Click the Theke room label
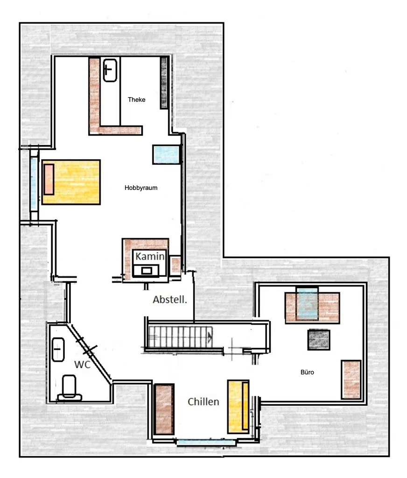click(x=137, y=100)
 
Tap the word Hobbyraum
click(x=141, y=188)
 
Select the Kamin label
click(x=150, y=256)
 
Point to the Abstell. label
click(x=170, y=299)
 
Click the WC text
click(x=82, y=364)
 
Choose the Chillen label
click(x=203, y=402)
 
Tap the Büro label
click(x=307, y=372)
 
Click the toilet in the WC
click(x=70, y=388)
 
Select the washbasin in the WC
click(x=58, y=349)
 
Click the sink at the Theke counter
click(x=110, y=70)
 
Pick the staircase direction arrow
click(x=210, y=337)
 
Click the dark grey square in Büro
click(x=319, y=340)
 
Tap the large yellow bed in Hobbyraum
click(x=71, y=182)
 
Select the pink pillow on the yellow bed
click(x=49, y=180)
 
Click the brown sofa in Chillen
click(x=164, y=409)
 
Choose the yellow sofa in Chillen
click(x=239, y=407)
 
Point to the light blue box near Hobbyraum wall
click(x=167, y=155)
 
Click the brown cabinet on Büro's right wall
click(x=351, y=380)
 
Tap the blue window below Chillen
click(x=206, y=443)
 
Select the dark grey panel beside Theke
click(x=164, y=83)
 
